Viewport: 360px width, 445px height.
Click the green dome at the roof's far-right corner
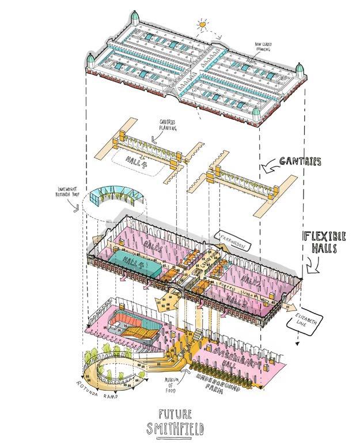pos(300,70)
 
